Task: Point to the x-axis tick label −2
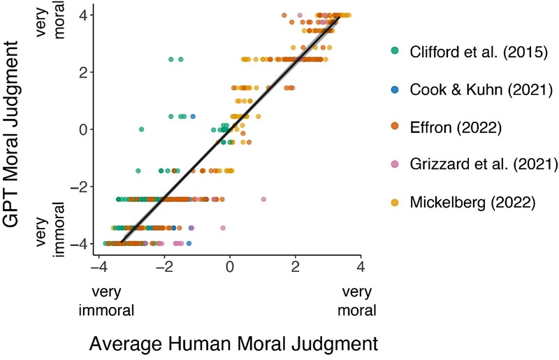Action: click(x=161, y=268)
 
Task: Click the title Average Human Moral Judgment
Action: click(x=234, y=343)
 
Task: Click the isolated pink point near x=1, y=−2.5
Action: click(x=263, y=199)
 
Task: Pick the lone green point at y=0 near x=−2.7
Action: click(x=141, y=129)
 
